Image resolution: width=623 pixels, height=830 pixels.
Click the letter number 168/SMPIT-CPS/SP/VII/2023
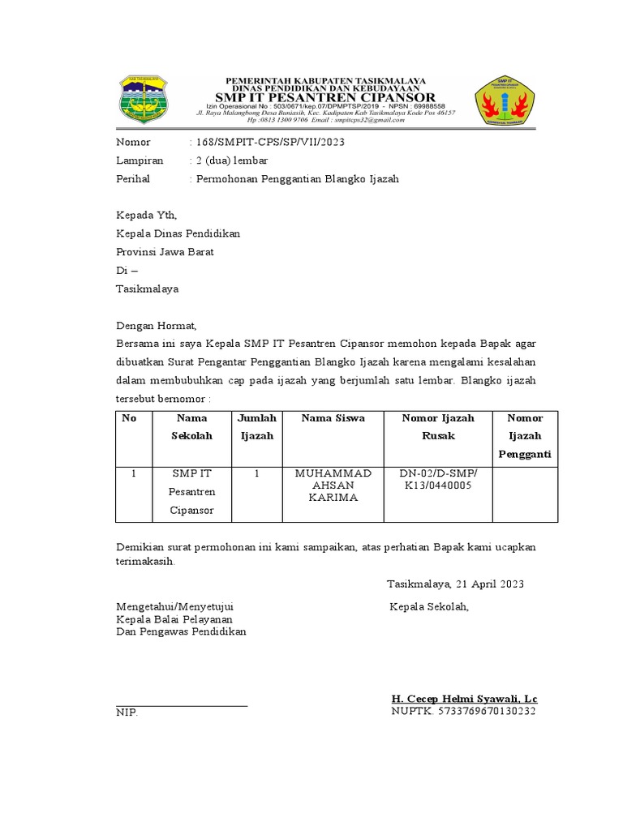tap(269, 143)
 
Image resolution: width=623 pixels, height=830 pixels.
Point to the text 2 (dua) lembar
tap(230, 160)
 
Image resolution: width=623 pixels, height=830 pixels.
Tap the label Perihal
tap(133, 178)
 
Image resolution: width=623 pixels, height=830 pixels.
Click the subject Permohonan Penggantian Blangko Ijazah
tap(296, 178)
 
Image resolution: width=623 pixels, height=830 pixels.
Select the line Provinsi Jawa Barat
tap(165, 252)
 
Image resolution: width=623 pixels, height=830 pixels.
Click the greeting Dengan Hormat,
tap(157, 326)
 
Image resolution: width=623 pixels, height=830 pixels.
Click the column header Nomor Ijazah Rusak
tap(438, 427)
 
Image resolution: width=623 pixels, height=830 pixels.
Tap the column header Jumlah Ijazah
tap(256, 427)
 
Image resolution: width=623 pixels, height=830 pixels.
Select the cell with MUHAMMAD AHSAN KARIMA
tap(333, 485)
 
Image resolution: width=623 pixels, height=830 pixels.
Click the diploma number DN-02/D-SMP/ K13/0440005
tap(438, 479)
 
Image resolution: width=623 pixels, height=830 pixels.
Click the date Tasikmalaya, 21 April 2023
tap(455, 584)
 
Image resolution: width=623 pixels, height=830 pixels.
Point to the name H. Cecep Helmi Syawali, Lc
tap(464, 699)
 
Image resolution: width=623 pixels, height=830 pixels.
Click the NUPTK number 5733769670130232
tap(464, 712)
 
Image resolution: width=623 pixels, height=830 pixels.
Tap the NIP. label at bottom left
tap(127, 712)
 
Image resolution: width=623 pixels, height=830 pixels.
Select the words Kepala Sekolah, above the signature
tap(429, 606)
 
